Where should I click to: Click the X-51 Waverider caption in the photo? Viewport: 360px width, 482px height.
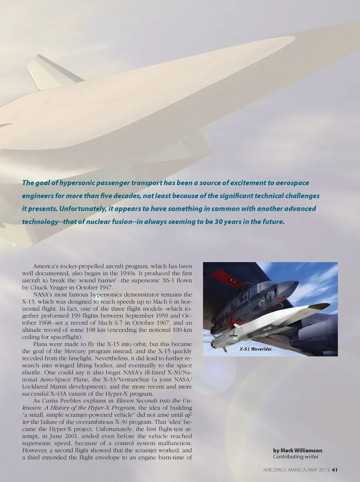pos(256,349)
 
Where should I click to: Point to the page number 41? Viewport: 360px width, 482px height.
pos(335,470)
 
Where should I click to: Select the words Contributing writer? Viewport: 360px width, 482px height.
pos(295,457)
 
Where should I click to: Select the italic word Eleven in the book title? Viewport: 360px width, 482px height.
pos(127,401)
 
